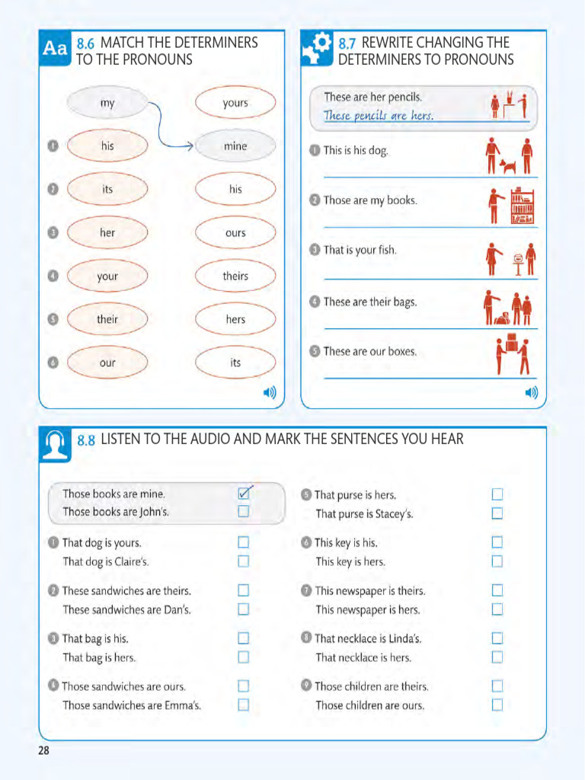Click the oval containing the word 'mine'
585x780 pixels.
pyautogui.click(x=235, y=146)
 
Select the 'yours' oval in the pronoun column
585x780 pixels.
pyautogui.click(x=235, y=103)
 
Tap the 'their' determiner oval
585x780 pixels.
pyautogui.click(x=107, y=319)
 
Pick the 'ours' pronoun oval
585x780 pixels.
pyautogui.click(x=235, y=233)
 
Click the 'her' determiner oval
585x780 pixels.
pyautogui.click(x=107, y=232)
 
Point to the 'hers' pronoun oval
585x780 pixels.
pyautogui.click(x=235, y=319)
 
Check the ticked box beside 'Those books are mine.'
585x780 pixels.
pyautogui.click(x=244, y=494)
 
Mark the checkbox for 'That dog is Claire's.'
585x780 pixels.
pyautogui.click(x=244, y=561)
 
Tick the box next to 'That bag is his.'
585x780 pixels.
pyautogui.click(x=244, y=638)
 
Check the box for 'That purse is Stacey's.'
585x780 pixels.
pyautogui.click(x=497, y=513)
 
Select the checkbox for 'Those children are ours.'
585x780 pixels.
pyautogui.click(x=497, y=705)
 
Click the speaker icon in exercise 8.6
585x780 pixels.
pyautogui.click(x=270, y=393)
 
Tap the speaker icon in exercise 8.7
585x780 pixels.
pyautogui.click(x=531, y=393)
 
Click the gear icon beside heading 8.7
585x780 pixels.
pyautogui.click(x=317, y=47)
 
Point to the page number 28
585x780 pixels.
pyautogui.click(x=43, y=751)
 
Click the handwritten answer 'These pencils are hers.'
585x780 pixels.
pyautogui.click(x=379, y=116)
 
